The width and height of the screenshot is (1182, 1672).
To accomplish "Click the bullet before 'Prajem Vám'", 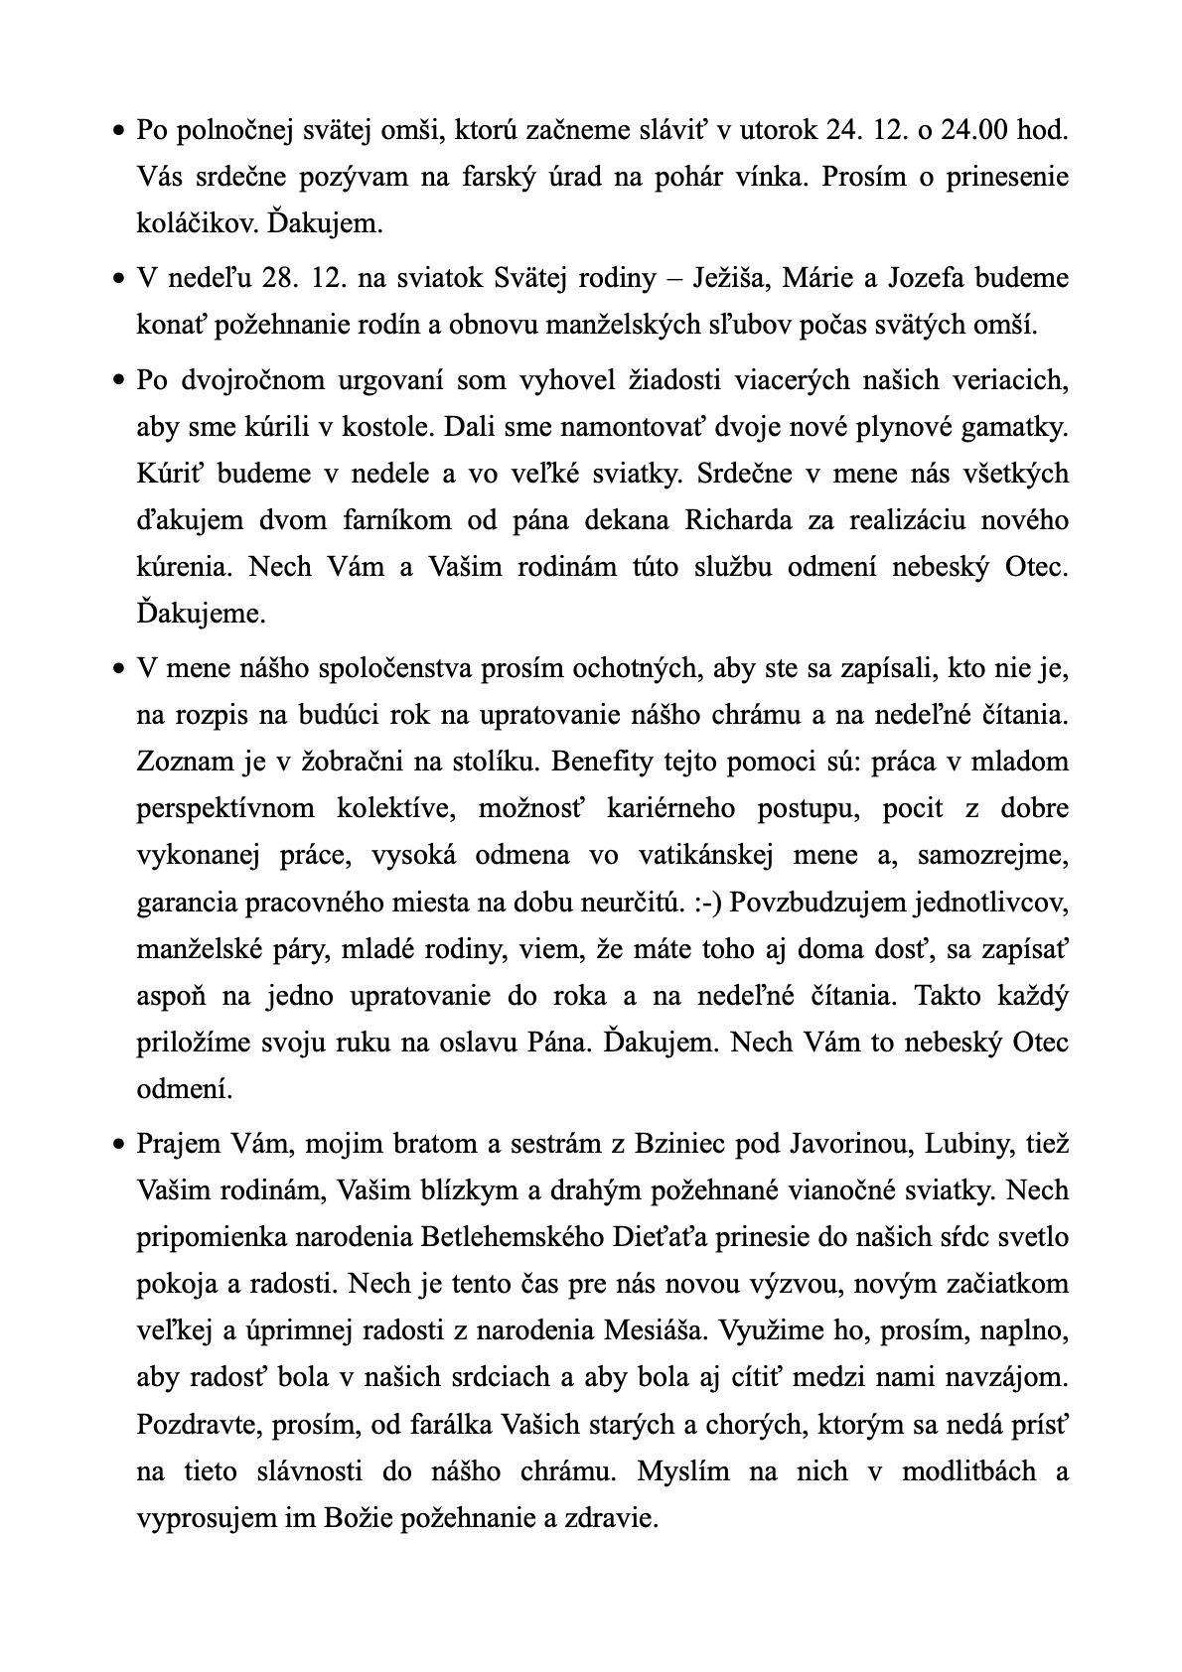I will coord(117,1145).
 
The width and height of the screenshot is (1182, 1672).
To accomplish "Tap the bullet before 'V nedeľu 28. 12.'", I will coord(117,279).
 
